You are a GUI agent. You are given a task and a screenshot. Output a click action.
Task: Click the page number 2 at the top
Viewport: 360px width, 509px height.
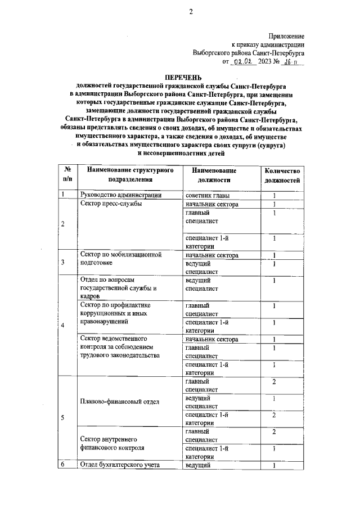(x=191, y=11)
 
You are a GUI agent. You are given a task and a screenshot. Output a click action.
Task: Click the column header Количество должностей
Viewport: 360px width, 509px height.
(x=283, y=175)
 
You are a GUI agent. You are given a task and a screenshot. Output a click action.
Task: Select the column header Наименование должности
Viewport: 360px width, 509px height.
(x=214, y=175)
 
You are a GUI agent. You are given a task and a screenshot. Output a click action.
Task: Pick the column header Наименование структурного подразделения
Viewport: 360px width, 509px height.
(x=126, y=175)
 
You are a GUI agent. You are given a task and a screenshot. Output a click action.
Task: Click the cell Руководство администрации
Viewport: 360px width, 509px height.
(x=121, y=196)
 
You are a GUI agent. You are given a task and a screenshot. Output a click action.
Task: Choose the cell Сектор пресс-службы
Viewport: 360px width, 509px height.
(x=111, y=204)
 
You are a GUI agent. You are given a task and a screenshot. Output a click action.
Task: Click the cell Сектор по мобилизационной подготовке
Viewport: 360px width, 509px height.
(x=121, y=259)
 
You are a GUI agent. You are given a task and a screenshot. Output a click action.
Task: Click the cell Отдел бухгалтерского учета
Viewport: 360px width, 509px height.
(x=120, y=465)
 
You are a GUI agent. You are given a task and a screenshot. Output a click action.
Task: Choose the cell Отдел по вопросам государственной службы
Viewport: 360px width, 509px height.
(x=118, y=287)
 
